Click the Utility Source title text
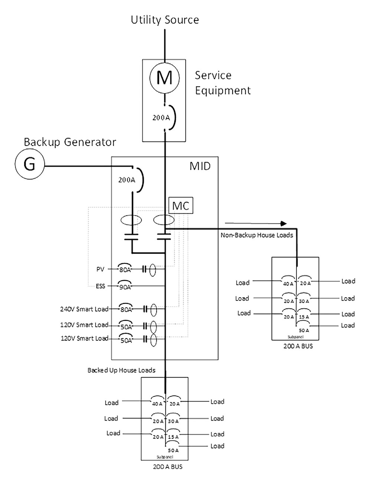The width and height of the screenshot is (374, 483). click(x=165, y=20)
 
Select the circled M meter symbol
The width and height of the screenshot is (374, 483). click(x=164, y=78)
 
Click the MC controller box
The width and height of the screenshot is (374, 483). click(x=181, y=205)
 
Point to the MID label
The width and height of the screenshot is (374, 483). click(x=200, y=166)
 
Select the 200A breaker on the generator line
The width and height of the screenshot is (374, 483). click(x=132, y=180)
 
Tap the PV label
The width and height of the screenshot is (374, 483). click(x=100, y=269)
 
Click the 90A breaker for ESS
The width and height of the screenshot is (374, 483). click(x=125, y=286)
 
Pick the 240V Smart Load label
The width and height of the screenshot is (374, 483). click(x=84, y=309)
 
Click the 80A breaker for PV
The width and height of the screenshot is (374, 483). click(x=125, y=269)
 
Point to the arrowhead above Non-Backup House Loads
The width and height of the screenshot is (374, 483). click(x=284, y=223)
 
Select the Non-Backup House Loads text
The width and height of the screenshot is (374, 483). click(x=257, y=235)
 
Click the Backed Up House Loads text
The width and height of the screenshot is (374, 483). click(x=121, y=370)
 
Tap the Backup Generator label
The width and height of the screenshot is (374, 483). click(x=70, y=142)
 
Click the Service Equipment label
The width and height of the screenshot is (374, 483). click(x=223, y=83)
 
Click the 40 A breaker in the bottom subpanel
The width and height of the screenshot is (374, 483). click(x=157, y=403)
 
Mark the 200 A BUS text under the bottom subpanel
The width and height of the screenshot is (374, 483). click(x=168, y=467)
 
